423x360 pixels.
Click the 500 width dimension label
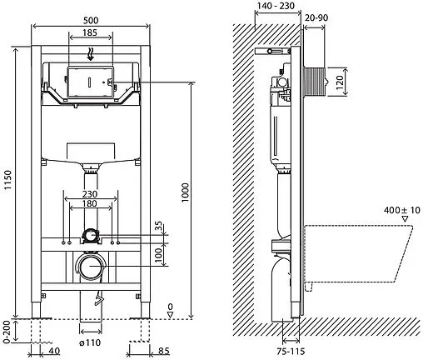point(91,21)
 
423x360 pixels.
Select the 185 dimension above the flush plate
point(90,32)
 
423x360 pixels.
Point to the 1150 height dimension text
point(8,180)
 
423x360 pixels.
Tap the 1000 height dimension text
point(185,192)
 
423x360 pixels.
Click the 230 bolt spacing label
point(90,193)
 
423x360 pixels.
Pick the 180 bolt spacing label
point(90,203)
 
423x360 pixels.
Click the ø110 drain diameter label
point(90,343)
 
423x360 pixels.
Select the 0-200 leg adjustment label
point(8,332)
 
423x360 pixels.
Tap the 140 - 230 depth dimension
point(276,6)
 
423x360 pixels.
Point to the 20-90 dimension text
point(316,17)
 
